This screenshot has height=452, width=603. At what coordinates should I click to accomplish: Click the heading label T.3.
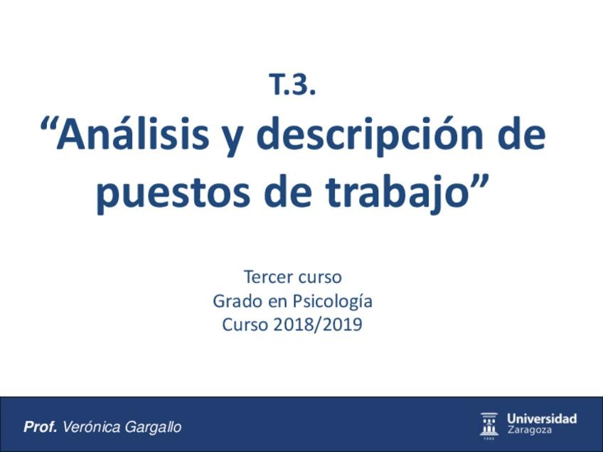pos(292,85)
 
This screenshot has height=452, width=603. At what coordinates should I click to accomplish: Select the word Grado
pos(237,301)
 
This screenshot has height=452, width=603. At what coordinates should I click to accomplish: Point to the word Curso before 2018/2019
pos(245,325)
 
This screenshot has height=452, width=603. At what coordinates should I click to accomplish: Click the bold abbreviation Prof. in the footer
pos(41,427)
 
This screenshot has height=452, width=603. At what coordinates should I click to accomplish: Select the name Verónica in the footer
pos(92,427)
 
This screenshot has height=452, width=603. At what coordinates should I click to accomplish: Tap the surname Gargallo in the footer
pos(153,428)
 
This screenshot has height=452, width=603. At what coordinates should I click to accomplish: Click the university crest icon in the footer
pos(489,424)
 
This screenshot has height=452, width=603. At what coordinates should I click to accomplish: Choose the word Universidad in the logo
pos(542,419)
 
